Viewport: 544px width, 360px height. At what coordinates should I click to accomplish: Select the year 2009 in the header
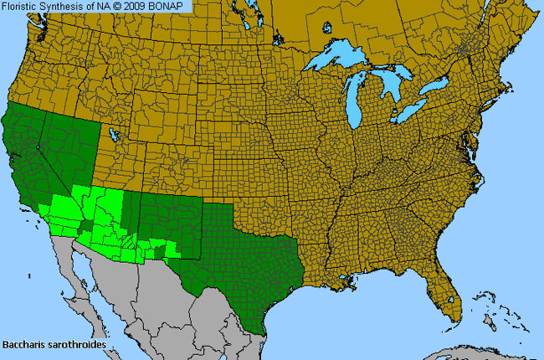point(146,6)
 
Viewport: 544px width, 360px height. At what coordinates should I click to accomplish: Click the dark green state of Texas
point(234,251)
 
